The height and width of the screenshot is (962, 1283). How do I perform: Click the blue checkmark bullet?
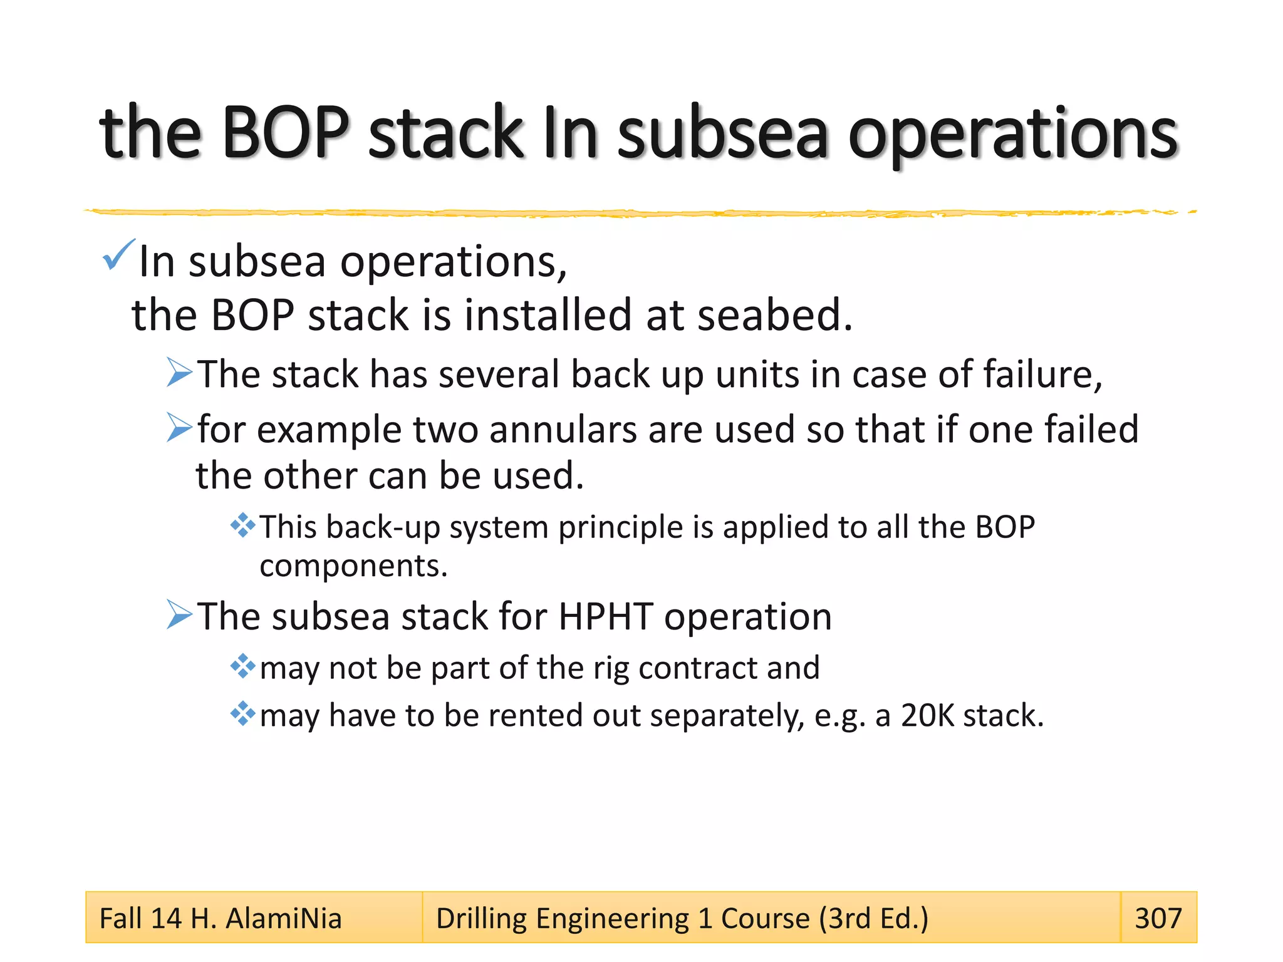tap(118, 255)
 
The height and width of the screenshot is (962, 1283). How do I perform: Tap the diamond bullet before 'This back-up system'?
tap(242, 525)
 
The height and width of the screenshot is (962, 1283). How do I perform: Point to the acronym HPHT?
tap(605, 616)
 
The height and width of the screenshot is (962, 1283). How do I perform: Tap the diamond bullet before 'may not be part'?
tap(242, 666)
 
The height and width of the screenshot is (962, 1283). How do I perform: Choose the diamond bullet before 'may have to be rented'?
tap(242, 713)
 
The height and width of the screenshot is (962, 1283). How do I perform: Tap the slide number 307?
tap(1158, 918)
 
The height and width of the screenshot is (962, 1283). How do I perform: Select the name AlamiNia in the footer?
tap(283, 919)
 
